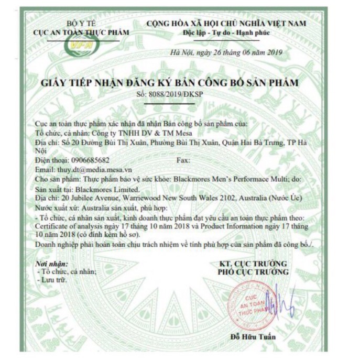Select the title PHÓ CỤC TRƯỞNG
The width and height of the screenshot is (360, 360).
tap(253, 272)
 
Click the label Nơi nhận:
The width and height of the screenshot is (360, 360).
tap(48, 263)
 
